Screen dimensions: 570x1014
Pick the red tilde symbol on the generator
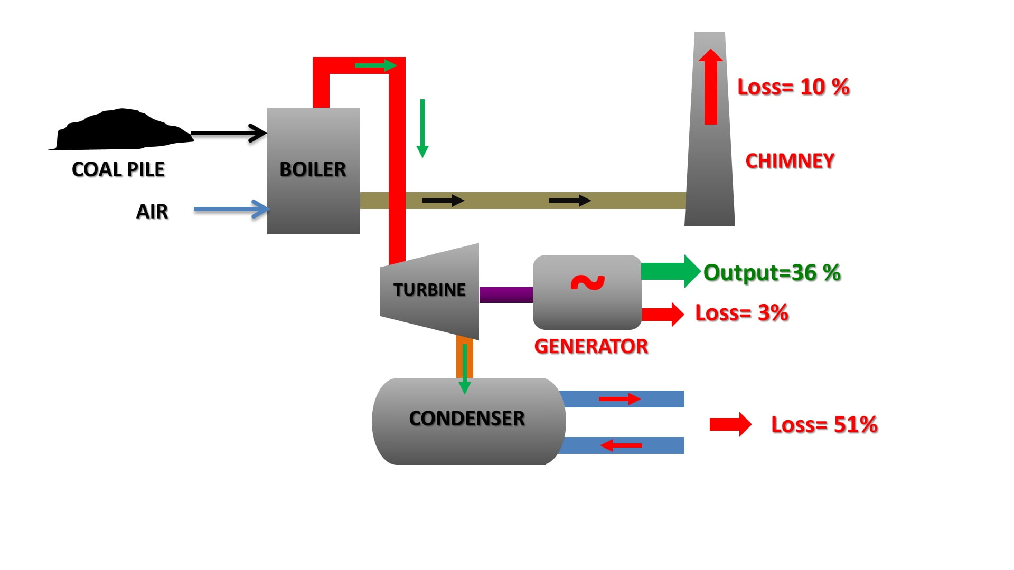(x=587, y=283)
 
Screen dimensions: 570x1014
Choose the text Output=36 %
(x=772, y=273)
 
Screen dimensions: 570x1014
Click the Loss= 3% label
(x=741, y=313)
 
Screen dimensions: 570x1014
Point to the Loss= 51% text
(x=824, y=425)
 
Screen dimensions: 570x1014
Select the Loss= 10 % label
(x=793, y=87)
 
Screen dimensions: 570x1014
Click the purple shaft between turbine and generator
(x=506, y=294)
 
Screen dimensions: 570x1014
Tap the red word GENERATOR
(x=591, y=347)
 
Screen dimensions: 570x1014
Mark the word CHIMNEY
(x=790, y=161)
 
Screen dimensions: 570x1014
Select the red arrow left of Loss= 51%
(x=730, y=424)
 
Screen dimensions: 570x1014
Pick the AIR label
(x=152, y=212)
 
